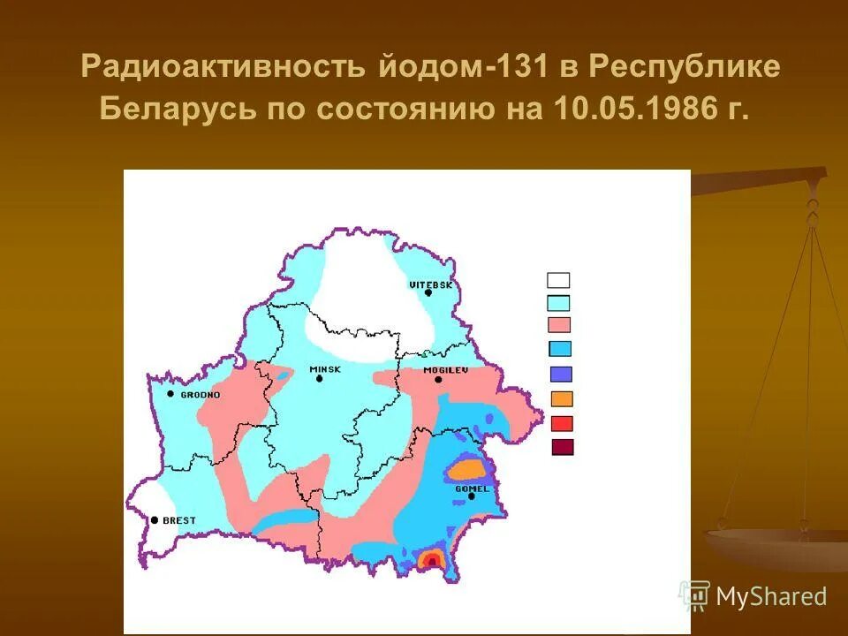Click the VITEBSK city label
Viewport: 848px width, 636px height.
[x=430, y=284]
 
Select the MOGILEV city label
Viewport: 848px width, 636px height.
[x=444, y=369]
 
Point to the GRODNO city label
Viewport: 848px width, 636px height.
[x=200, y=395]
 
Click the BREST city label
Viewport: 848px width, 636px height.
[x=178, y=520]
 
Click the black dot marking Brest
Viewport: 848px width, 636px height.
[x=155, y=520]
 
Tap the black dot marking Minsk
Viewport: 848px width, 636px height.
[x=319, y=379]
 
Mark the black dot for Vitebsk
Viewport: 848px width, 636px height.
[x=428, y=292]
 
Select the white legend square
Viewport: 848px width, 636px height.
[x=558, y=281]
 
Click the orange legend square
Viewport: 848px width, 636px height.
[x=562, y=398]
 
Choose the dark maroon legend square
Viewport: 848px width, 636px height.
[x=562, y=447]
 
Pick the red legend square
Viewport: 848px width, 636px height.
[x=562, y=423]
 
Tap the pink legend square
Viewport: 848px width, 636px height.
[x=559, y=324]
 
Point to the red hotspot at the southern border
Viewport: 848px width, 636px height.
[x=432, y=560]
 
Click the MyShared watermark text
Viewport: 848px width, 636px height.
[x=770, y=597]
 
